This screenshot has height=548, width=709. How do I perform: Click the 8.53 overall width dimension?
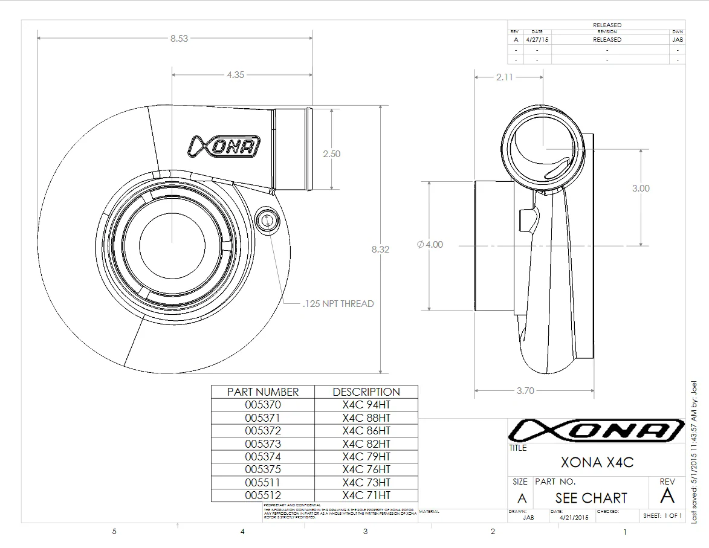point(179,38)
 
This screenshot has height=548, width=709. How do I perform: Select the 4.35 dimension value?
point(235,75)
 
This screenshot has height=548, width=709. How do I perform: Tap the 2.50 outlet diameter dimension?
point(331,153)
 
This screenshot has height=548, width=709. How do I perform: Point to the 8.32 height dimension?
point(380,249)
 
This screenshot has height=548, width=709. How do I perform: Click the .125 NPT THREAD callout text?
point(338,303)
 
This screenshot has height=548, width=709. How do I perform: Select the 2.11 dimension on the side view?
point(504,77)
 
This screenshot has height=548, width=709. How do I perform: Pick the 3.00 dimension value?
point(641,188)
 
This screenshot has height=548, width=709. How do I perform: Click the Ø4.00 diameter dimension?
point(430,245)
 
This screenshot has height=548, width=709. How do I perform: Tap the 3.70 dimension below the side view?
point(525,390)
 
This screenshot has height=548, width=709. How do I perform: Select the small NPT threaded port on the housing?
point(266,220)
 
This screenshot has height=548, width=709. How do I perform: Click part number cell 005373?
point(263,443)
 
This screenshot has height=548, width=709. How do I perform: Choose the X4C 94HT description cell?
point(366,405)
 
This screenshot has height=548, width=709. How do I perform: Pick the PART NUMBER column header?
point(263,392)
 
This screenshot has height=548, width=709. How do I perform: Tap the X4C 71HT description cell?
point(366,495)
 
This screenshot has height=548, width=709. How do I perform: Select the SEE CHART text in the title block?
point(591,498)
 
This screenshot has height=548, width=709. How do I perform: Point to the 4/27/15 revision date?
point(537,39)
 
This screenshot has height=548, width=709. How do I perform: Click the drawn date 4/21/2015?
point(574,518)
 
